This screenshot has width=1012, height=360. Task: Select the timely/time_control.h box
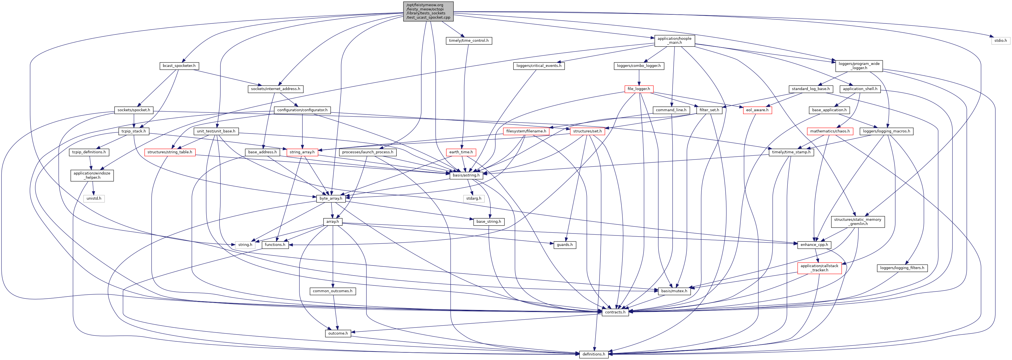click(469, 40)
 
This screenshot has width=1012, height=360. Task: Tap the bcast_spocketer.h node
click(179, 66)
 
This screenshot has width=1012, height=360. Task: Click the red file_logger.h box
click(639, 89)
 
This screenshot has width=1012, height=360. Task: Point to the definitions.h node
click(594, 354)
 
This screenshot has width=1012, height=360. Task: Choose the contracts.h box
click(615, 312)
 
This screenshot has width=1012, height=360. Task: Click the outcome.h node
click(338, 333)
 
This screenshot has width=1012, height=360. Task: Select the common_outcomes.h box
click(332, 291)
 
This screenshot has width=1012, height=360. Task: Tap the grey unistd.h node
click(94, 198)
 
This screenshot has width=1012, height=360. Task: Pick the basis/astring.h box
click(466, 175)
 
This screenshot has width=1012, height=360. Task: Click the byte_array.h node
click(331, 198)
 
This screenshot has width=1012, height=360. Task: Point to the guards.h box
click(565, 245)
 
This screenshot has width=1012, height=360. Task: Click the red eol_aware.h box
click(757, 110)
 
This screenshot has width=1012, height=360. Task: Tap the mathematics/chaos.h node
click(830, 131)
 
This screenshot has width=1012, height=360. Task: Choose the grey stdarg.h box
click(473, 198)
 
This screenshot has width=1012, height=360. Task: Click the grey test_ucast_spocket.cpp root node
click(428, 11)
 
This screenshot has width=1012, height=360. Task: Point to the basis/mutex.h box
click(674, 291)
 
